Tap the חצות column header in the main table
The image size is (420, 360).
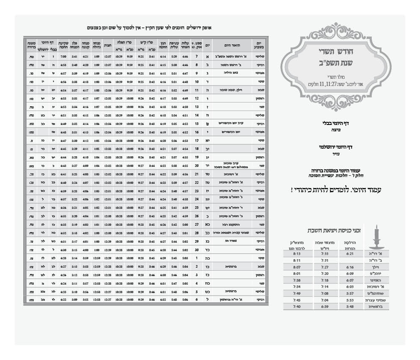coord(108,44)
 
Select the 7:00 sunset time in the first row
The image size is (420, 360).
coord(63,56)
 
